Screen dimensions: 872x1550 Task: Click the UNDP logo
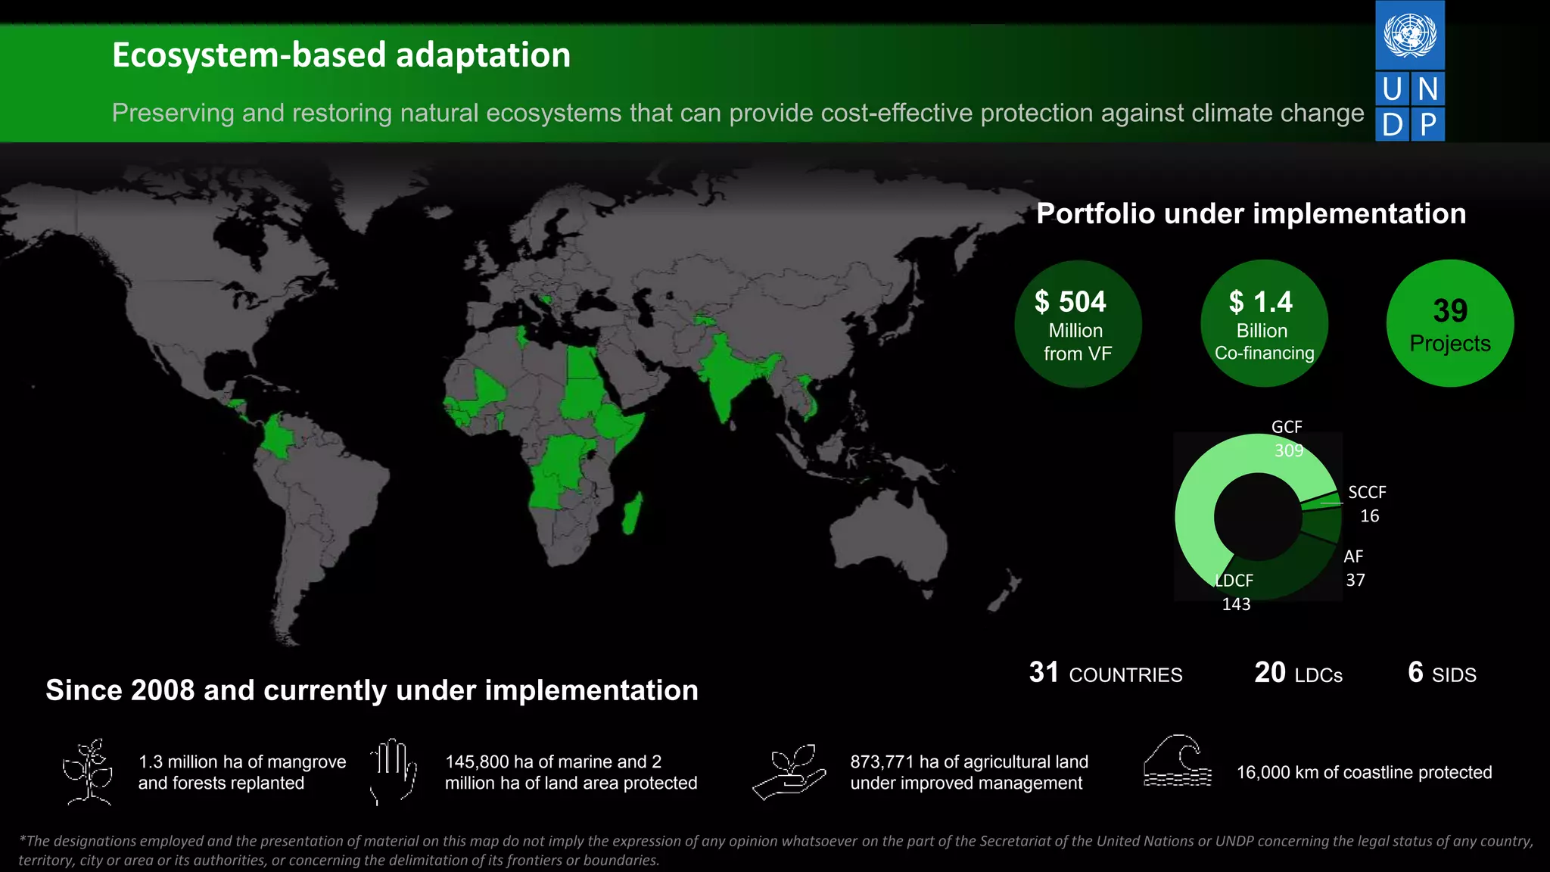(1409, 71)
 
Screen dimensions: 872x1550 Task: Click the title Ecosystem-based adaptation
(341, 55)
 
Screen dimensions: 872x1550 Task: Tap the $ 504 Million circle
(1077, 325)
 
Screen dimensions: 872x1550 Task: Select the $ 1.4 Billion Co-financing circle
(1264, 325)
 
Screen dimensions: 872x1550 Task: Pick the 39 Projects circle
(1449, 324)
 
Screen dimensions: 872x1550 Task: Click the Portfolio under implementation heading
(1250, 213)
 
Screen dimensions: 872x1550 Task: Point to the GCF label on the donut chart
(1287, 427)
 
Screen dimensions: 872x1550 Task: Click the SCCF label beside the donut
(1367, 493)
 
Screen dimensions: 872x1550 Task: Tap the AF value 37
(1355, 581)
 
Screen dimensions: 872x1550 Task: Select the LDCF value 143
(1236, 604)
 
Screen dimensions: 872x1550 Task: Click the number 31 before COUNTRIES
(1044, 672)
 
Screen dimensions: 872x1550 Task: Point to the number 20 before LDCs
(1269, 672)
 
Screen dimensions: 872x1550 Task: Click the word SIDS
(1454, 675)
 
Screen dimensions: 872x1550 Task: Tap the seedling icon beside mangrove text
(89, 771)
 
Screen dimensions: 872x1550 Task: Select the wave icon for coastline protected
(1177, 761)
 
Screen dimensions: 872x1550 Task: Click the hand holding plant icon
(789, 771)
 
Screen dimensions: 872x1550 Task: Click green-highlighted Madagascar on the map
(632, 513)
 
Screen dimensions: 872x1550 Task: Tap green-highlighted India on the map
(725, 376)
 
